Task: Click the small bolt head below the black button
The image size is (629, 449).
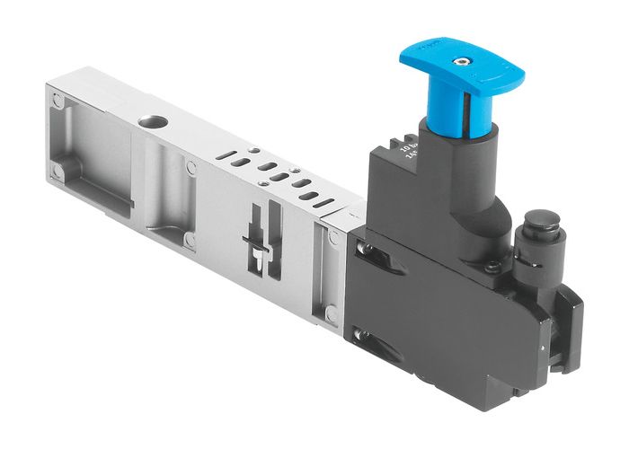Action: [493, 267]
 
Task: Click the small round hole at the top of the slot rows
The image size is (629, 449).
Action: [254, 149]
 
